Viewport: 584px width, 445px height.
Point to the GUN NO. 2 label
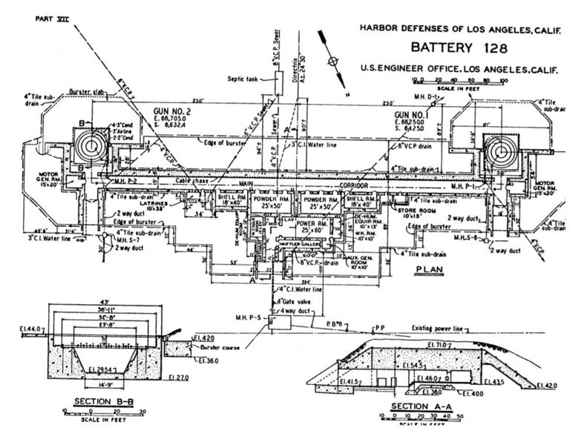[136, 112]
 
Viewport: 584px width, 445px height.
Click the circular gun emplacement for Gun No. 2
[94, 147]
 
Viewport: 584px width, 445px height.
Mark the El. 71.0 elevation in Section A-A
[439, 345]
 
